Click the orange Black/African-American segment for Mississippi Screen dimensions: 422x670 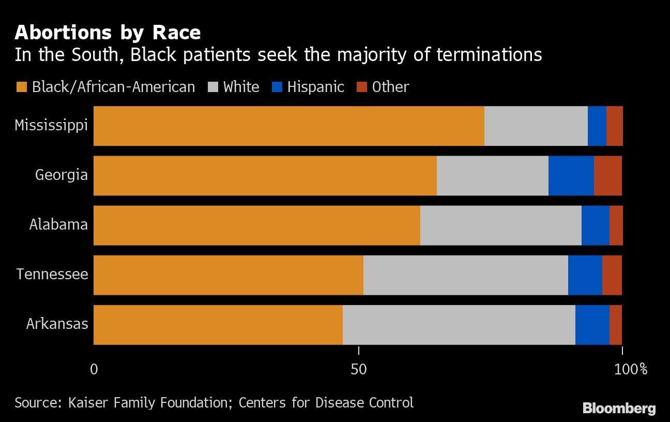(288, 126)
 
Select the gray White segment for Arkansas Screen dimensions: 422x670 (459, 325)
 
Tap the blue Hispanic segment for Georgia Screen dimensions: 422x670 (571, 176)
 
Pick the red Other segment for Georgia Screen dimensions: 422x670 (607, 176)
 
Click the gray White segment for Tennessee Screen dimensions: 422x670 (465, 275)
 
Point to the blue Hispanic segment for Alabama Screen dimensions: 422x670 (595, 225)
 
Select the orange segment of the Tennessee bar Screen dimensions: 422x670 (228, 275)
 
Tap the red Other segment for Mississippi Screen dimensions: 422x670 (614, 126)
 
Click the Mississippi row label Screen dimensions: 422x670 (51, 126)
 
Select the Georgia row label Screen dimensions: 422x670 (61, 175)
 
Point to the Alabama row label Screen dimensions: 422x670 (58, 225)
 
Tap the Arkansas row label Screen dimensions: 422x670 (57, 325)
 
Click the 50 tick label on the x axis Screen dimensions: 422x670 (358, 369)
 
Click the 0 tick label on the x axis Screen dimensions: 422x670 (94, 369)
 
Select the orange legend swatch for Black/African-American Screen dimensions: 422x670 (21, 87)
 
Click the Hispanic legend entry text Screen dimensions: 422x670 (315, 87)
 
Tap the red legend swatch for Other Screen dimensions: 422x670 (362, 87)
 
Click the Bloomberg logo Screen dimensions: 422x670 (619, 408)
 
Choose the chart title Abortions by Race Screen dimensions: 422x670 (108, 33)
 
